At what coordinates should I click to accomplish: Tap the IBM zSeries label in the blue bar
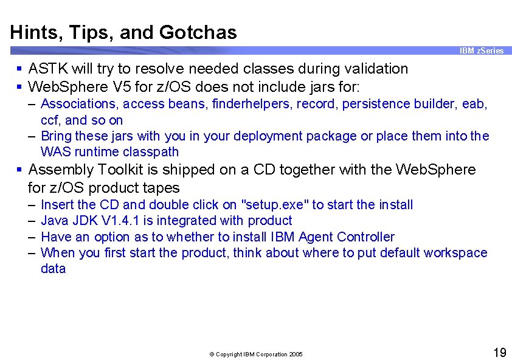481,51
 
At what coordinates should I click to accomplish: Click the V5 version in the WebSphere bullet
119,85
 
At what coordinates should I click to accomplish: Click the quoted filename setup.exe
275,205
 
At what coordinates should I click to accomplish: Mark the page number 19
499,353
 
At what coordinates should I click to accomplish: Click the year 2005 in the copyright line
296,355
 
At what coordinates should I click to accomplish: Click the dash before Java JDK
32,221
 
